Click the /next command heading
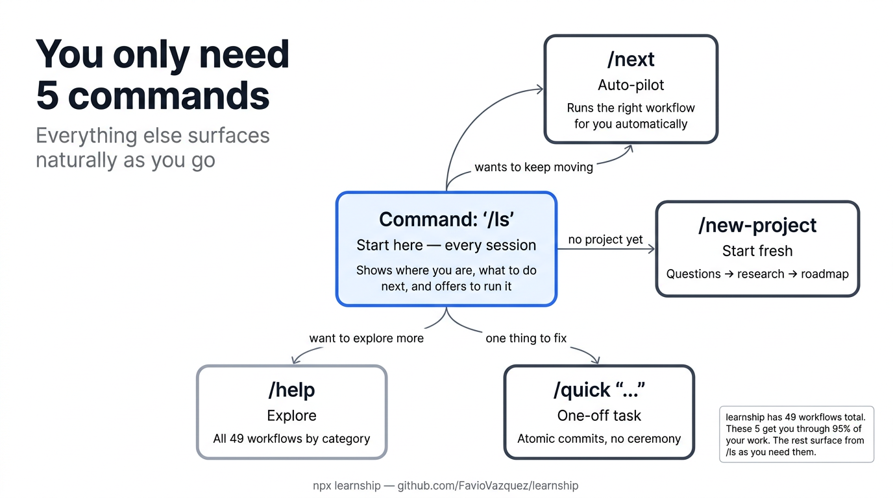coord(631,60)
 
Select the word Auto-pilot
coord(631,85)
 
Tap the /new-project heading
coord(757,226)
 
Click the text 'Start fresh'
coord(757,251)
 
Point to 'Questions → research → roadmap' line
coord(757,274)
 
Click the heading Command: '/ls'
coord(446,219)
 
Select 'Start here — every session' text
coord(446,245)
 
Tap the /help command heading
coord(291,390)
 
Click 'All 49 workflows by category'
coord(291,439)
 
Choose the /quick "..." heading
coord(599,390)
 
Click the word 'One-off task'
coord(599,416)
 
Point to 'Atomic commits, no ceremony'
coord(599,439)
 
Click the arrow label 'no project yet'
coord(606,240)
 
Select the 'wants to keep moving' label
coord(533,167)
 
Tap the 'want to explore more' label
coord(366,338)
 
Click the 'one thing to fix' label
coord(526,338)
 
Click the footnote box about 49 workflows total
coord(796,434)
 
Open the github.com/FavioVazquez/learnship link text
coord(487,486)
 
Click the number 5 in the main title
coord(47,95)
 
